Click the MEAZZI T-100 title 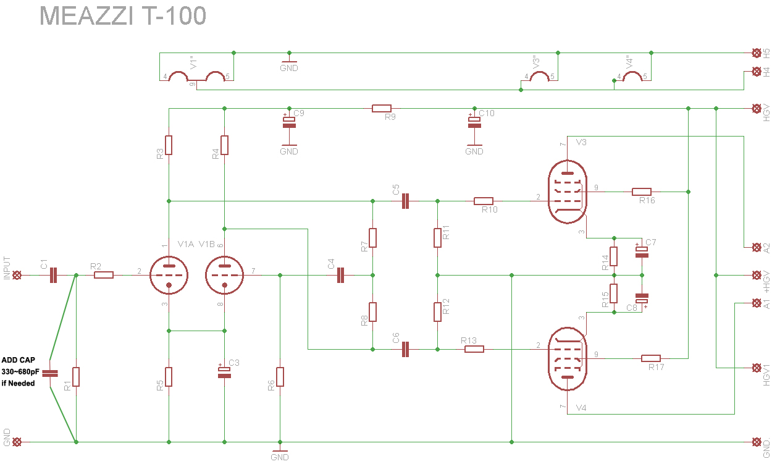coord(123,16)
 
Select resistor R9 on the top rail coord(382,109)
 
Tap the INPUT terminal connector coord(17,276)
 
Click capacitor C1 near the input coord(53,276)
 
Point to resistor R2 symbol coord(104,276)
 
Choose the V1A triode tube coord(168,275)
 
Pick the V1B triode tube coord(224,275)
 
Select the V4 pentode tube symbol coord(568,359)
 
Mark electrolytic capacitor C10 coord(474,122)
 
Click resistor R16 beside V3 coord(642,192)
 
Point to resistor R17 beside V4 coord(651,358)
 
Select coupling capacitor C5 coord(405,201)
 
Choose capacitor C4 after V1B coord(340,276)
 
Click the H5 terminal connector coord(755,53)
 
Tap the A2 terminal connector coord(755,247)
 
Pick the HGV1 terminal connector coord(755,368)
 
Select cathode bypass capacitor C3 coord(224,371)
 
